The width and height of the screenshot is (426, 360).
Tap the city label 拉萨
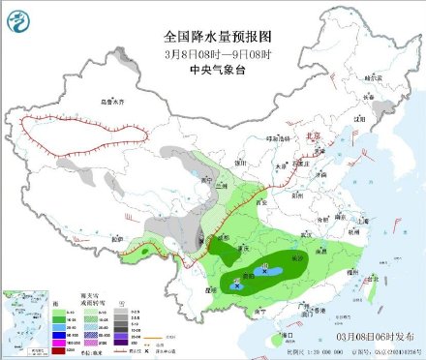tap(118, 237)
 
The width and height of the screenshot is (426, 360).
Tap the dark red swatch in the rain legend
tap(46, 346)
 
